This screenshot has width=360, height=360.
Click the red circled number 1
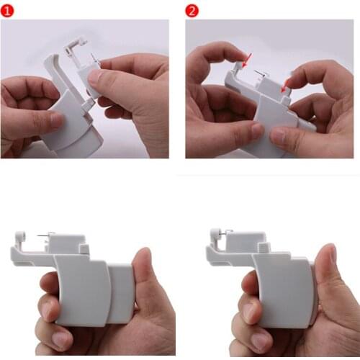tap(9, 9)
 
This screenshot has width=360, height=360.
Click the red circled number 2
tap(192, 10)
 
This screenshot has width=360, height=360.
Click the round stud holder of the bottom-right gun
tap(214, 235)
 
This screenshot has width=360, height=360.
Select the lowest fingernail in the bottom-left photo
tap(63, 339)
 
